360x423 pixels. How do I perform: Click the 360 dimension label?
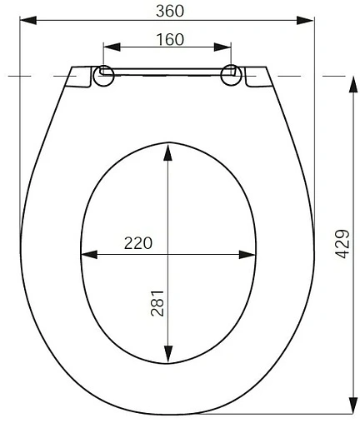coord(169,10)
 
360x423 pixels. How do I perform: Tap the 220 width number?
coord(138,243)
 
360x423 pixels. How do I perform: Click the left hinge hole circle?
coord(106,75)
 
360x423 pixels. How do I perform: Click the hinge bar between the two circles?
coord(167,73)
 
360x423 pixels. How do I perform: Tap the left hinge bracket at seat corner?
coord(81,76)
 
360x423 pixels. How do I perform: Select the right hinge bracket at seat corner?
coord(255,76)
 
